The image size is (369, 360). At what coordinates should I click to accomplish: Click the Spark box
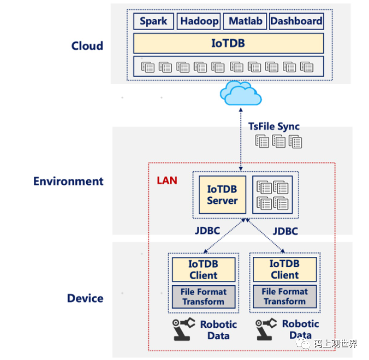click(x=153, y=21)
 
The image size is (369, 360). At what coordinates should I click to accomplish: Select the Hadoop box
click(x=199, y=21)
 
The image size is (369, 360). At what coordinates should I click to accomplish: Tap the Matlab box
click(x=245, y=21)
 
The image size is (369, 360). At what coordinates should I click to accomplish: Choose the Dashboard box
click(x=296, y=21)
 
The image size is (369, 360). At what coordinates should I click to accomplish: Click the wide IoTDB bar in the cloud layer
click(x=228, y=43)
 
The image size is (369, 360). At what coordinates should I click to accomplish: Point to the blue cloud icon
click(x=240, y=93)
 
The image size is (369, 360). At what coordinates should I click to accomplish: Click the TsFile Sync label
click(x=274, y=127)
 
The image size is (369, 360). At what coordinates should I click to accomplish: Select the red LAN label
click(x=167, y=180)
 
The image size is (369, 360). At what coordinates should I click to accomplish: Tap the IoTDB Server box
click(x=222, y=195)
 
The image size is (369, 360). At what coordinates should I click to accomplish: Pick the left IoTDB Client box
click(x=203, y=269)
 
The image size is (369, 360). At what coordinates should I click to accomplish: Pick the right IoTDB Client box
click(x=285, y=269)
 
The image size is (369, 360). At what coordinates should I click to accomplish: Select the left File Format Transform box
click(x=203, y=296)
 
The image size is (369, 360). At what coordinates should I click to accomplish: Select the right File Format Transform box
click(x=285, y=296)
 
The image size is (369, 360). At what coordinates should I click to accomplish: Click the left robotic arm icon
click(x=183, y=329)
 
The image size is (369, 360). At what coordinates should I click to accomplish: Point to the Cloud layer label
click(x=87, y=46)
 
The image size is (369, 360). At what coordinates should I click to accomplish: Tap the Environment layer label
click(x=68, y=181)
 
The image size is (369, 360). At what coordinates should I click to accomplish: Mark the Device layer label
click(x=85, y=298)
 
